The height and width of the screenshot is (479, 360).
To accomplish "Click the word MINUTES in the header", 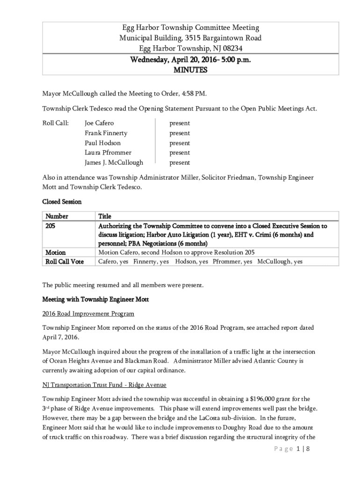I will pos(190,70).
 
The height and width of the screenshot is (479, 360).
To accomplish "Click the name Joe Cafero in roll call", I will pos(99,123).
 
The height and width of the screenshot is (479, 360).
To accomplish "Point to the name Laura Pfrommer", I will pos(108,152).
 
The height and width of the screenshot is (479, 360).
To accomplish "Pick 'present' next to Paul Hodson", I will pos(180,143).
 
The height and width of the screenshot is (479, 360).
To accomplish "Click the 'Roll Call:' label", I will pos(56,123).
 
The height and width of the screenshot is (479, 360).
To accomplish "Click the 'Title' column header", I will pos(105,216).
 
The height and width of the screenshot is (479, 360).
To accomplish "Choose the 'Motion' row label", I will pos(55,253).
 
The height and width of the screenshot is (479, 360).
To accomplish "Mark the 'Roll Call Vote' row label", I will pos(64,262).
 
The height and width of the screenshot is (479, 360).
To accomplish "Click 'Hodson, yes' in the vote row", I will pos(192,262).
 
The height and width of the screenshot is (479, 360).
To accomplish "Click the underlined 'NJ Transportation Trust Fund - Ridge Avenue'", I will pos(104,385).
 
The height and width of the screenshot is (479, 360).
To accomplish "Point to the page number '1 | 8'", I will pos(303,449).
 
